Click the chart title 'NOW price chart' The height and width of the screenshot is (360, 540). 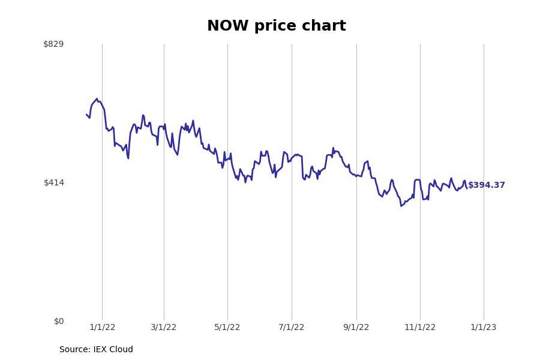(x=276, y=26)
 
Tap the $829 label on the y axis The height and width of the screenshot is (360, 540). (x=53, y=44)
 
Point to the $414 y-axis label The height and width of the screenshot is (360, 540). (x=53, y=182)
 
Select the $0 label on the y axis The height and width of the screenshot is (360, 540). (x=59, y=321)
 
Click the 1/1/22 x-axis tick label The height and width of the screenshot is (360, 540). (x=102, y=327)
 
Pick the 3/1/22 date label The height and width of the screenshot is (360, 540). (x=164, y=327)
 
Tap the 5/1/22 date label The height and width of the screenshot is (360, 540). (x=227, y=327)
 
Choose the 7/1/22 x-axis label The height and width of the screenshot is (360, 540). (x=292, y=327)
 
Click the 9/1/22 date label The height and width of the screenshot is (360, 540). (x=356, y=327)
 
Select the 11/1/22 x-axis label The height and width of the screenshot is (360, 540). (x=420, y=327)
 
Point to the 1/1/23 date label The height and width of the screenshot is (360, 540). (x=484, y=327)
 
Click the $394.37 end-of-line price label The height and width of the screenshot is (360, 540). (x=487, y=185)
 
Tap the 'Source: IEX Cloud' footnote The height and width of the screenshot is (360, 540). (x=96, y=349)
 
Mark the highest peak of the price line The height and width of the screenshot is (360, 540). (x=97, y=99)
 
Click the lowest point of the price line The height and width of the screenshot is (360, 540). (x=401, y=206)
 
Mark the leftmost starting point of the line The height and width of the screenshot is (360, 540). (x=86, y=114)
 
